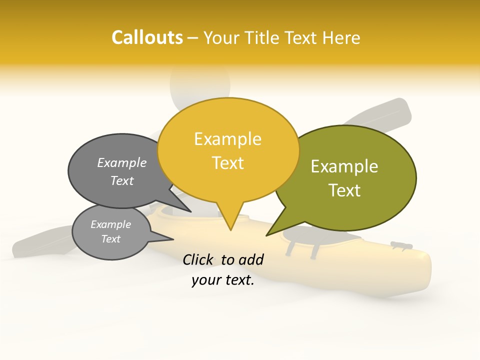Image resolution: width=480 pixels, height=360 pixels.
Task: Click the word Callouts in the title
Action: tap(147, 37)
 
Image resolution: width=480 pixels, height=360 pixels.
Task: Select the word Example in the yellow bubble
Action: tap(227, 139)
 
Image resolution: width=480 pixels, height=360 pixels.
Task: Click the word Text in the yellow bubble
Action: tap(228, 163)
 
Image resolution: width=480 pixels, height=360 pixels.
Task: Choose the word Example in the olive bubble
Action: tap(344, 166)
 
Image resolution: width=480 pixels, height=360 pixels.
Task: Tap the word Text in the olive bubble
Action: tap(345, 190)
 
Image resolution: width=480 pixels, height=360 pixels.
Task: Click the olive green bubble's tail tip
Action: tap(266, 235)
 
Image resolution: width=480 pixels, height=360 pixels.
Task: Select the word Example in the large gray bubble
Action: tap(122, 163)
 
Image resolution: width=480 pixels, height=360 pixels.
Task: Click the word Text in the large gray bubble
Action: tap(122, 180)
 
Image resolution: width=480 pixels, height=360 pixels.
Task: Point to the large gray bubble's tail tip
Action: tap(190, 211)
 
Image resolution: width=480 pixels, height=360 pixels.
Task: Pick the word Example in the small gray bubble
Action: tap(111, 224)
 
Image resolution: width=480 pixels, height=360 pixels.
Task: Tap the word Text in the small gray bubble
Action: tap(111, 239)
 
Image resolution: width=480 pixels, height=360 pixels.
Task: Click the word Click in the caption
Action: tap(198, 259)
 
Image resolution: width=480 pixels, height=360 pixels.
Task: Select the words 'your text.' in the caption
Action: tap(223, 280)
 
